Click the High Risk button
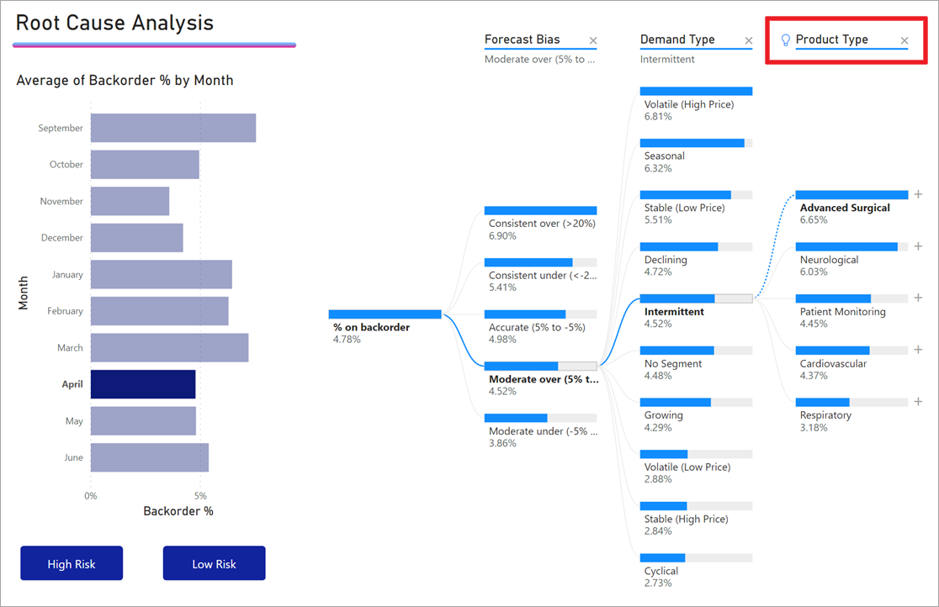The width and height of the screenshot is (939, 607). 72,563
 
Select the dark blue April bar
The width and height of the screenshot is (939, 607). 143,384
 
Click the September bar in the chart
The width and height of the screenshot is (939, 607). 172,128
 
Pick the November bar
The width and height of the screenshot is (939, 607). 130,201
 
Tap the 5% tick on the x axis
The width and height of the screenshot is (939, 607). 200,496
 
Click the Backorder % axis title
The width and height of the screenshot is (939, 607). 178,511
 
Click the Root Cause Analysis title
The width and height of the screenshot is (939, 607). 114,23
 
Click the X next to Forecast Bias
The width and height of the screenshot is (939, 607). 593,40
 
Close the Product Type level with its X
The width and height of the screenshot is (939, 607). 905,40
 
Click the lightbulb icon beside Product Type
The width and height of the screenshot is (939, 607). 786,40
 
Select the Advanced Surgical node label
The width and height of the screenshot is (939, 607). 845,208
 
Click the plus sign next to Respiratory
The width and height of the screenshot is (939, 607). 918,402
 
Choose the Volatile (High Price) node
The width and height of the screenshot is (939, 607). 689,104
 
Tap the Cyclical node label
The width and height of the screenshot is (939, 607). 661,571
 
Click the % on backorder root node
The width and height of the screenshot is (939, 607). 372,327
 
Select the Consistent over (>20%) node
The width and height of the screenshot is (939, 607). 542,224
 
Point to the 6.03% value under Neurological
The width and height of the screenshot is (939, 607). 814,272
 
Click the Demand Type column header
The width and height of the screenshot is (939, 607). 677,40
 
